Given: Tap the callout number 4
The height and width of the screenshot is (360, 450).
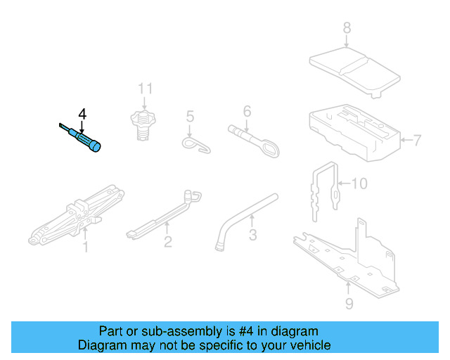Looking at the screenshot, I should pos(82,114).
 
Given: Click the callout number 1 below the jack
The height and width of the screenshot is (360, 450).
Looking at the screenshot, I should pos(86,247).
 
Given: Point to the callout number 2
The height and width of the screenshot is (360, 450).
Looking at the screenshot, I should pos(167,243).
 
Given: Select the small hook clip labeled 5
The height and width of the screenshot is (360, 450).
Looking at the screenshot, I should pos(197,143).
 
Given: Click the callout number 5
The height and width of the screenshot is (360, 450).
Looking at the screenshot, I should pos(189,115).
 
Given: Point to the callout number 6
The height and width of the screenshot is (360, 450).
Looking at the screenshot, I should pos(247,111).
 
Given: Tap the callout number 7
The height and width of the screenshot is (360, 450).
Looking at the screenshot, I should pos(417,141).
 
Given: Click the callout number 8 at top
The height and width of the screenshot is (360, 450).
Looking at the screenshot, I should pos(346,29).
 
